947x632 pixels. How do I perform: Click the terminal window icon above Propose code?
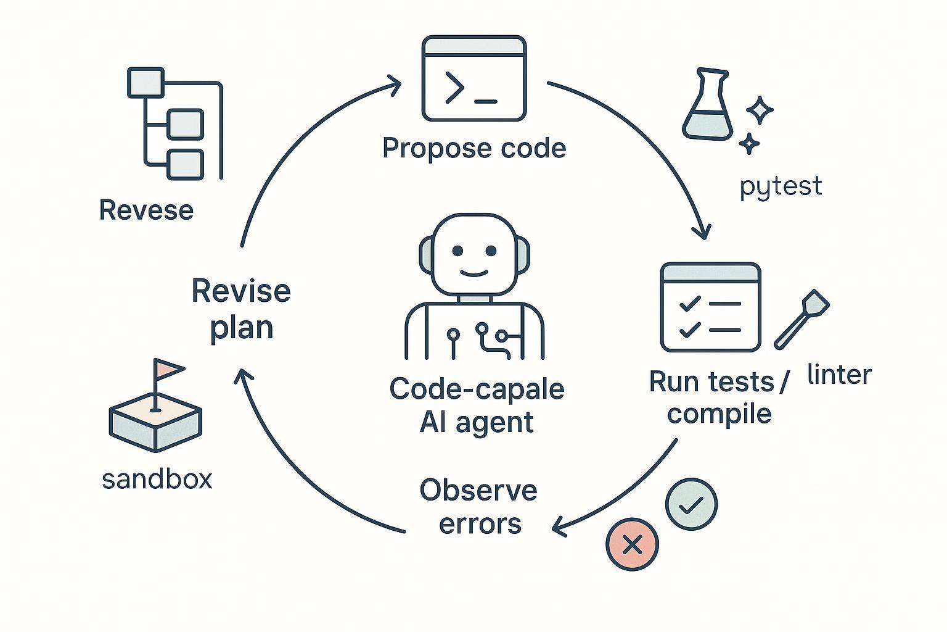pyautogui.click(x=473, y=78)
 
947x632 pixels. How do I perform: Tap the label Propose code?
pyautogui.click(x=473, y=149)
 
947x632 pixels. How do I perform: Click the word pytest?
pyautogui.click(x=781, y=186)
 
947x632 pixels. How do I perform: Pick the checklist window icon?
pyautogui.click(x=710, y=307)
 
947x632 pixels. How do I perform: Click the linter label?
pyautogui.click(x=839, y=375)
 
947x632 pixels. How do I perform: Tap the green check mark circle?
pyautogui.click(x=692, y=504)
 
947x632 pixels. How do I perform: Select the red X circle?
pyautogui.click(x=632, y=544)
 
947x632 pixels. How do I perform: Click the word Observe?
pyautogui.click(x=478, y=491)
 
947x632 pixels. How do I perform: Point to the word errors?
pyautogui.click(x=480, y=524)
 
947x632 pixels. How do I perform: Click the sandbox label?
pyautogui.click(x=157, y=480)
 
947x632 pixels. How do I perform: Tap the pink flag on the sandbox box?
pyautogui.click(x=168, y=368)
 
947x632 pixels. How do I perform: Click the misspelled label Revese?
pyautogui.click(x=146, y=210)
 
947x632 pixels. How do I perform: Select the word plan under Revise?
pyautogui.click(x=241, y=327)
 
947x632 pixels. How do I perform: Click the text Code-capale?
pyautogui.click(x=477, y=389)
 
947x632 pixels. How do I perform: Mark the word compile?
pyautogui.click(x=719, y=414)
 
